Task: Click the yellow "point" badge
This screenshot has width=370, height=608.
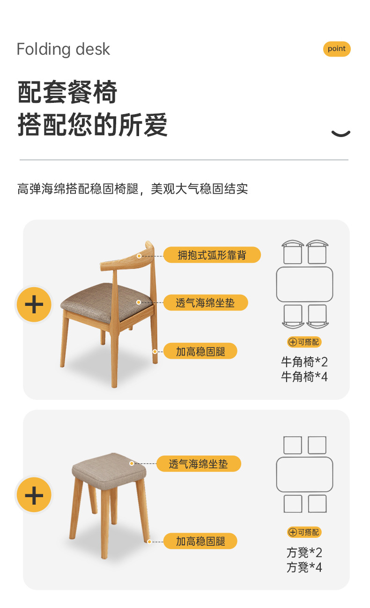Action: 336,49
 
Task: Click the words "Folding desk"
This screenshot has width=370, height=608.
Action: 63,49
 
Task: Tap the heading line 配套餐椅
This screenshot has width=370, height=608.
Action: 67,92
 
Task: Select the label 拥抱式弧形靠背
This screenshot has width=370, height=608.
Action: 212,255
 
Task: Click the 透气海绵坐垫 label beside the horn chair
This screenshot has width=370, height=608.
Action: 205,303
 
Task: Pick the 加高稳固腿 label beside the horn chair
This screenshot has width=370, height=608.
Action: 200,351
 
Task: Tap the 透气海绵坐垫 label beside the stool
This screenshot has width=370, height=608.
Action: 199,464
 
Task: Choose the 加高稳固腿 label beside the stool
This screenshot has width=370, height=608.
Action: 200,541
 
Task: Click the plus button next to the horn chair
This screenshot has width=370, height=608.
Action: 34,305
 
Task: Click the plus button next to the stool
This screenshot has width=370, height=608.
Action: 34,495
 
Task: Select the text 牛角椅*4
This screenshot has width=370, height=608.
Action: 304,377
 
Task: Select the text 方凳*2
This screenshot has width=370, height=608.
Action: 304,553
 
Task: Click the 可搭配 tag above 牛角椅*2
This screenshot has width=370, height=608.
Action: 304,342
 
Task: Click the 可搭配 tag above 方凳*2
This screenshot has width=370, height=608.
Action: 304,532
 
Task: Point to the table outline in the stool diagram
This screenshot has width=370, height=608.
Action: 304,474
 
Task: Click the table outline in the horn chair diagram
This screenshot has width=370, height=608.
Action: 304,284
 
